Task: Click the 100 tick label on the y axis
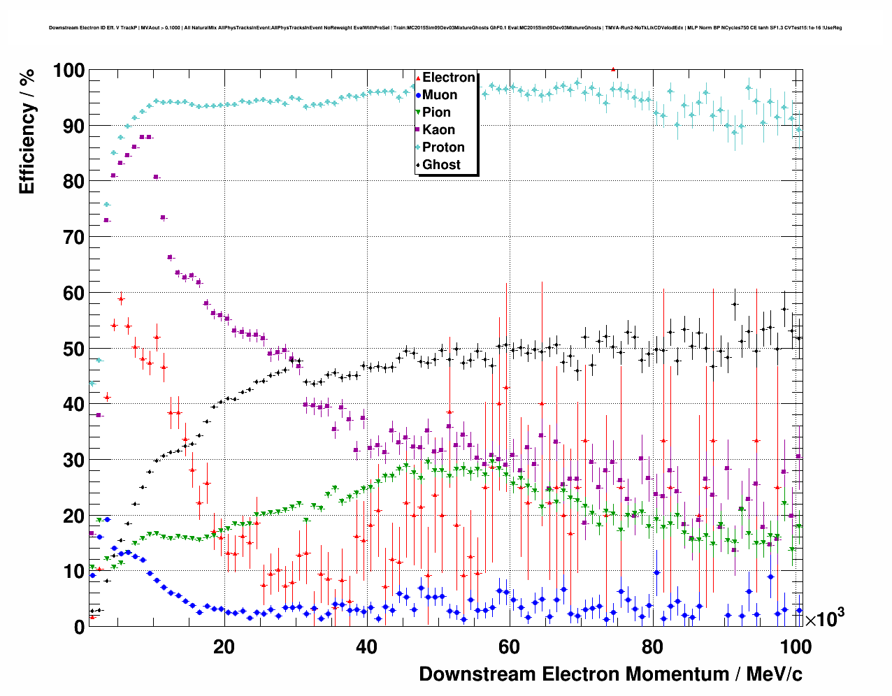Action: pos(68,71)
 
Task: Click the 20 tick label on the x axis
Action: pos(224,647)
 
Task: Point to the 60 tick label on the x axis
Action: pos(509,647)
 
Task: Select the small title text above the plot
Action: pos(445,28)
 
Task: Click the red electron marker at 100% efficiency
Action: pos(613,69)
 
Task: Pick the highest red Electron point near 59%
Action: pos(121,299)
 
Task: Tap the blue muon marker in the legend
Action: pos(418,96)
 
